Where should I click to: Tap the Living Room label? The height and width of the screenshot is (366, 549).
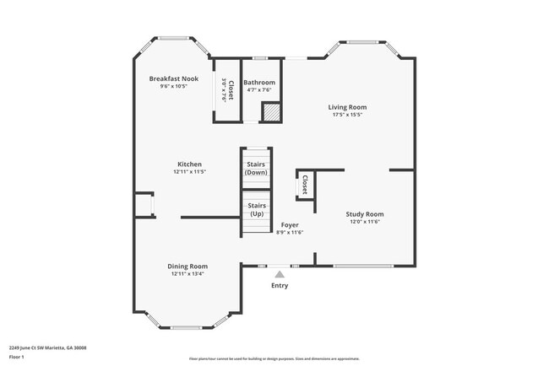(x=347, y=107)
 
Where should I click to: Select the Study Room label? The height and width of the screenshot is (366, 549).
(x=364, y=214)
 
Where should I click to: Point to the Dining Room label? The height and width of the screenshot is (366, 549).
(x=188, y=266)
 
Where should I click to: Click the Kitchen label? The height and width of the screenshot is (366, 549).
(x=189, y=164)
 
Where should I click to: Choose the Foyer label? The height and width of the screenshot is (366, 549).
(x=290, y=225)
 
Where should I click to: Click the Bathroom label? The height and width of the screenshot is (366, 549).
(x=259, y=83)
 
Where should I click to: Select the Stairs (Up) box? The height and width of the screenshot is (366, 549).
(x=256, y=209)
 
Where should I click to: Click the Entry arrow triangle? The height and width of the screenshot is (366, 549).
(x=279, y=273)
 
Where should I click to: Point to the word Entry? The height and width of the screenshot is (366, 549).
(x=279, y=285)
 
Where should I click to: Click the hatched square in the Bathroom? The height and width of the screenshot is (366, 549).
(x=270, y=112)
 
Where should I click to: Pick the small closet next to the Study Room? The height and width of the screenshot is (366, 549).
(x=304, y=185)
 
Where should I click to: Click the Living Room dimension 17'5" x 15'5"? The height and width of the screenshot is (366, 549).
(x=347, y=115)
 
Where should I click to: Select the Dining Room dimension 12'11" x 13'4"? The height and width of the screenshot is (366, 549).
(x=188, y=273)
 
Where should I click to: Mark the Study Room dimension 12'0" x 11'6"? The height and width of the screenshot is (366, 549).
(x=364, y=222)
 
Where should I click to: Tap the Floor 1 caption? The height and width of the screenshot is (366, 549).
(x=18, y=358)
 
